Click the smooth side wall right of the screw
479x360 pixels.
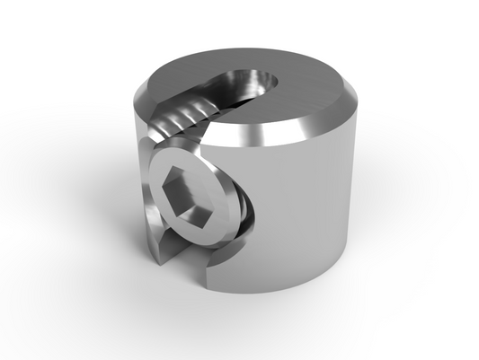point(297,215)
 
